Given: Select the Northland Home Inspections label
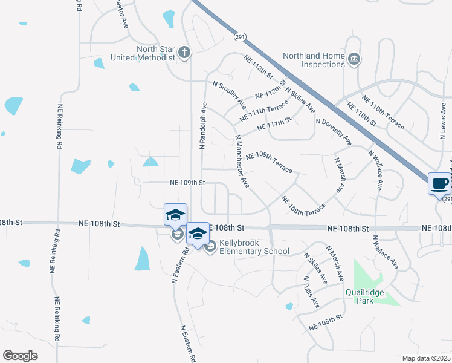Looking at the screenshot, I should click(x=314, y=60).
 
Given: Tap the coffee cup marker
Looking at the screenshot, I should click(x=439, y=183).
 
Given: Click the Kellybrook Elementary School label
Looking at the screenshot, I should click(x=254, y=247).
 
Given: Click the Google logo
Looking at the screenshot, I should click(x=20, y=356).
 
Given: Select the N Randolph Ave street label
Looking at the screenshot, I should click(x=204, y=125).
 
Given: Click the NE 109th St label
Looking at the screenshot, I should click(x=188, y=182).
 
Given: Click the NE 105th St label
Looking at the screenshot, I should click(x=325, y=321).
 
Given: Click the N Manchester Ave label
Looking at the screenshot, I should click(x=242, y=160).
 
